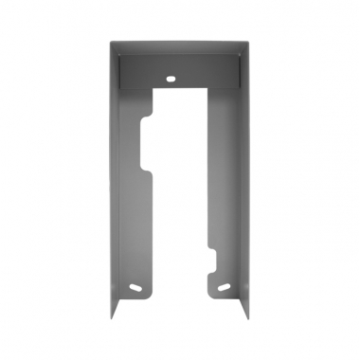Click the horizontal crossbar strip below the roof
(x=180, y=71)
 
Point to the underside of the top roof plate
(x=180, y=48)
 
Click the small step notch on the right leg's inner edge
(x=214, y=250)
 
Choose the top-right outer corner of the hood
(x=252, y=39)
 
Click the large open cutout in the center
(x=180, y=189)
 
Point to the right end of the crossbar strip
(x=236, y=71)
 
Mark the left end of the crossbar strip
(x=124, y=71)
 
